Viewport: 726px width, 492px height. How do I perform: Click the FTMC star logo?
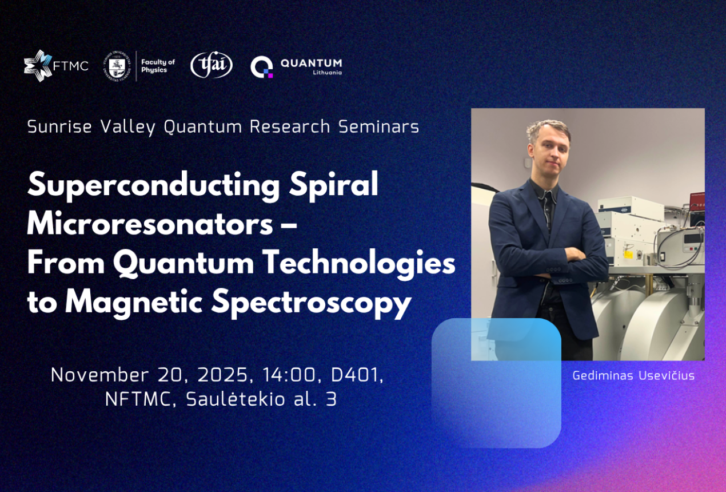(x=38, y=66)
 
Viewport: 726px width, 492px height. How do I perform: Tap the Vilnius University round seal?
(x=117, y=66)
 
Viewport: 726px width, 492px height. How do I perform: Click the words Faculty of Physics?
(x=158, y=66)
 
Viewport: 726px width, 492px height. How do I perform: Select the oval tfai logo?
(x=212, y=65)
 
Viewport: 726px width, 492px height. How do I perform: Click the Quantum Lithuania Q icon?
(x=262, y=67)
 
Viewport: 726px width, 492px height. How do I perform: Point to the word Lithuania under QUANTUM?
(x=328, y=73)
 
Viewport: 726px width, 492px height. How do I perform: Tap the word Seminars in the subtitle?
(x=378, y=126)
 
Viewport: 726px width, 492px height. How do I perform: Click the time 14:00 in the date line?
(x=289, y=375)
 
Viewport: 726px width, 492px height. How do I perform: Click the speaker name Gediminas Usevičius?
(x=633, y=375)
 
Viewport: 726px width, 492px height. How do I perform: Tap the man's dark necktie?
(x=548, y=211)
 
